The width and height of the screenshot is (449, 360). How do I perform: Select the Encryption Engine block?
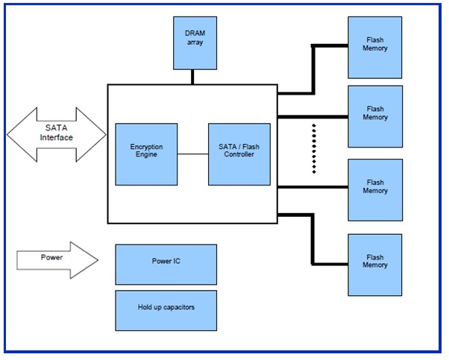(146, 154)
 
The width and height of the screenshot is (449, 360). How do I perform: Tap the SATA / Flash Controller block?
(239, 154)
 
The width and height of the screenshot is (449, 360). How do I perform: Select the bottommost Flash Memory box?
(375, 261)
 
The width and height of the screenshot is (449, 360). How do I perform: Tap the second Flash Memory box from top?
(375, 116)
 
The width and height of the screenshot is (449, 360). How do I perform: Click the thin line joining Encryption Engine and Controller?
(192, 154)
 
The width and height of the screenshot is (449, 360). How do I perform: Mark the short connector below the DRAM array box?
(193, 76)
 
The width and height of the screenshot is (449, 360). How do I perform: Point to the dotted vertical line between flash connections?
(314, 149)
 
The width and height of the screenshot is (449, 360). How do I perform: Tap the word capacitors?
(179, 306)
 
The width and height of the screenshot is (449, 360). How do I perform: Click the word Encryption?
(146, 148)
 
